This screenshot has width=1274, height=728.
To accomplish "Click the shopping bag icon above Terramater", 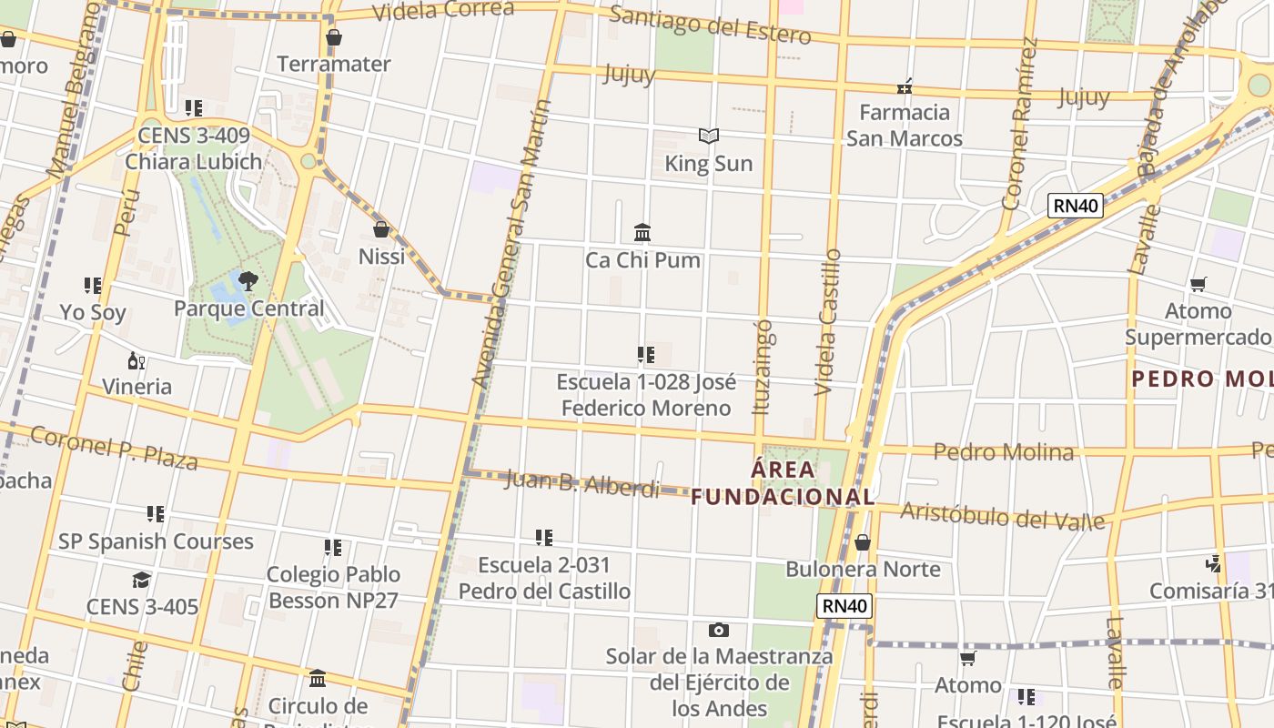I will point(334,38).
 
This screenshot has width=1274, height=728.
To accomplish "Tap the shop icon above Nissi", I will point(381,229).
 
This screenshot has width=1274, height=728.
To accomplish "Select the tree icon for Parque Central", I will point(248,280).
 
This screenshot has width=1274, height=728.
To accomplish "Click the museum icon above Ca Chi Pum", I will point(642,233).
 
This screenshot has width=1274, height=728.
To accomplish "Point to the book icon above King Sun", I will point(709,136).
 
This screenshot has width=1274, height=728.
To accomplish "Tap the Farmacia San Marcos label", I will point(905,126).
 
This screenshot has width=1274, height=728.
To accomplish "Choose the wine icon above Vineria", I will point(136,361).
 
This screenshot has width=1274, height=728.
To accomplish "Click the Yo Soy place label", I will point(93,313).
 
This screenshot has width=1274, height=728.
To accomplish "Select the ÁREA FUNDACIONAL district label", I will point(783,483).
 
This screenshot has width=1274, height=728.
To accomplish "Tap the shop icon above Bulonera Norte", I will point(863,543).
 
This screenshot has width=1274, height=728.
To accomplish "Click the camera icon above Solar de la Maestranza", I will point(719,630).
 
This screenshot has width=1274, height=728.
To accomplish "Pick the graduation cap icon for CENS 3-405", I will point(141,581).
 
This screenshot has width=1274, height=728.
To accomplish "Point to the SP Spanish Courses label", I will point(156,541).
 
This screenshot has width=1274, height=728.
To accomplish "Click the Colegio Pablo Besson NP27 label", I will point(333,587).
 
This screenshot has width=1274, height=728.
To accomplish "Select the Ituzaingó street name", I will point(763,367).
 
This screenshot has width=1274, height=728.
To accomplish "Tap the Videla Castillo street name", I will point(828,322).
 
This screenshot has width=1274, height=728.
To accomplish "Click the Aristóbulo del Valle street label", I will point(1002,515).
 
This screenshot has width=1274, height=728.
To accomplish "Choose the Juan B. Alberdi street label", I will point(581,483).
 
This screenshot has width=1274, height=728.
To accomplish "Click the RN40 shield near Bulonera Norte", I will point(844,606).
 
